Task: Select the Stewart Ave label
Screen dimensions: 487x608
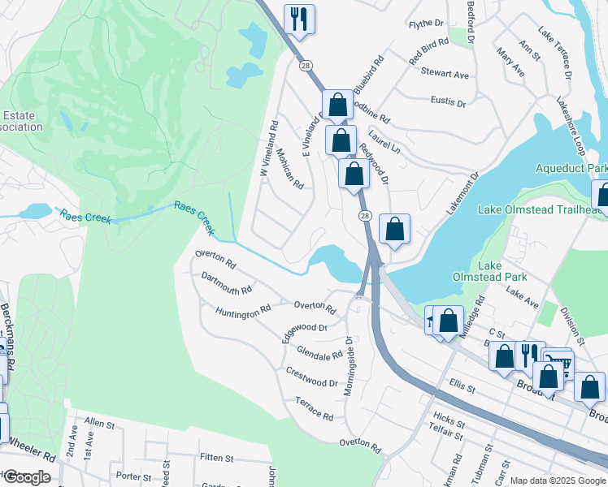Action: [x=445, y=74]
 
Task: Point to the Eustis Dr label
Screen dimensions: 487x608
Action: [x=449, y=103]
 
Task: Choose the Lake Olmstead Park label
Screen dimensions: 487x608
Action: [x=502, y=271]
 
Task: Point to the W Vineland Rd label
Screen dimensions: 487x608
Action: [x=267, y=149]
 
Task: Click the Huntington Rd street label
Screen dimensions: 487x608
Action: [x=243, y=310]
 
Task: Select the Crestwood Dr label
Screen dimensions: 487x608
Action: [x=311, y=377]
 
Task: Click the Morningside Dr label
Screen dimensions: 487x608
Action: [x=349, y=365]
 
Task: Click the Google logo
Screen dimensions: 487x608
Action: [x=26, y=477]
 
